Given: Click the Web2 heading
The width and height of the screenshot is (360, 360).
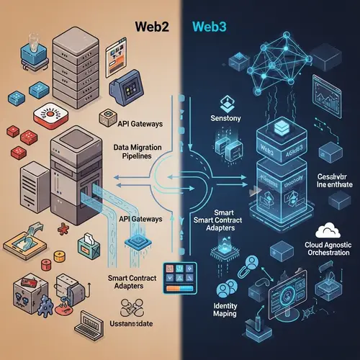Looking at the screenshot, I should [x=153, y=26].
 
